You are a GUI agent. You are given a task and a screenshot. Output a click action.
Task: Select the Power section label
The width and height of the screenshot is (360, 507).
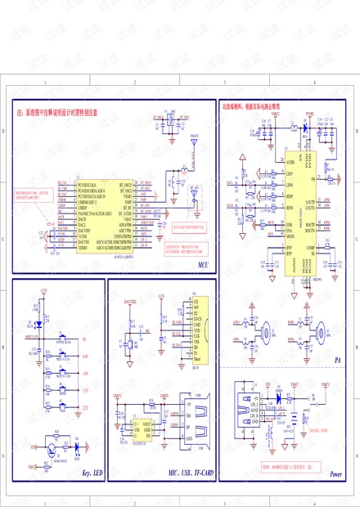click(335, 473)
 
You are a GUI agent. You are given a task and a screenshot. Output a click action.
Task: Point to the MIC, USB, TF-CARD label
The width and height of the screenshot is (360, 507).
click(191, 473)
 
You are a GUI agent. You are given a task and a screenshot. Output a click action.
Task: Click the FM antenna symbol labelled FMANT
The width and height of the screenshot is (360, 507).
click(194, 140)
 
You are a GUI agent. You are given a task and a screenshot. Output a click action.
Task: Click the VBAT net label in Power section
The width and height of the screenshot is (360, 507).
click(295, 383)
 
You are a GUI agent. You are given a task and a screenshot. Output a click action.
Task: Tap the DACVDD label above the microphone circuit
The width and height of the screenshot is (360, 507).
click(130, 302)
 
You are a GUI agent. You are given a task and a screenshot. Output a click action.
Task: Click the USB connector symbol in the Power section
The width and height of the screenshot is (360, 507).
click(245, 408)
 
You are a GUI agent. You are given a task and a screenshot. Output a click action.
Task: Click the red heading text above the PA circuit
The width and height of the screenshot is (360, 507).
click(251, 106)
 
